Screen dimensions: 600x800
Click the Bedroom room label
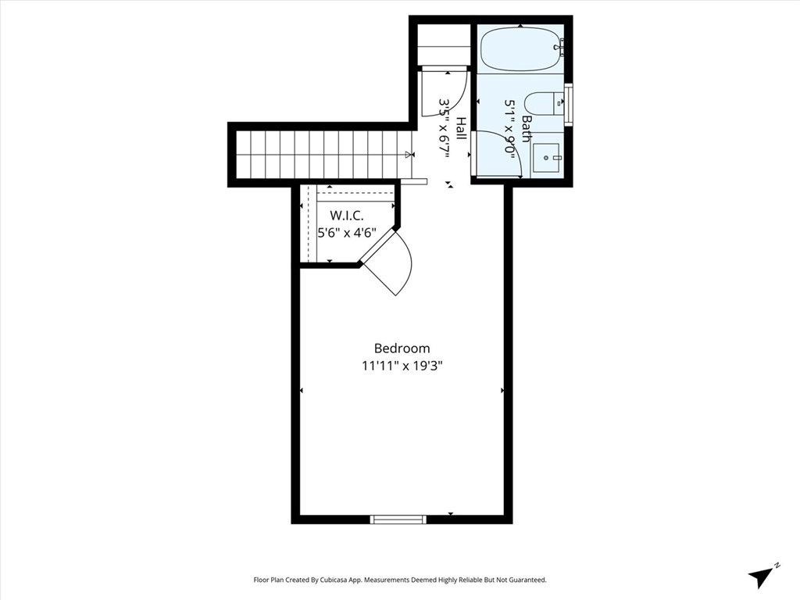[402, 348]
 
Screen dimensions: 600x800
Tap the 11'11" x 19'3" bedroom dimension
[402, 365]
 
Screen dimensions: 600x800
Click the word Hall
[462, 128]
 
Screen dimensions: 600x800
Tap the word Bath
[527, 128]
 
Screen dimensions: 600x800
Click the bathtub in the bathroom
[520, 49]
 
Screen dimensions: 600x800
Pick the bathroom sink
[546, 157]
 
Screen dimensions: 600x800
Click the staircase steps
[320, 154]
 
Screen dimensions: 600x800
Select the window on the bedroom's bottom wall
[398, 519]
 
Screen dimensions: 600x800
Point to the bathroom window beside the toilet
[569, 103]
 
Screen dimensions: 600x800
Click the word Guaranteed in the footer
[526, 580]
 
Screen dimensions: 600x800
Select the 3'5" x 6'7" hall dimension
[445, 128]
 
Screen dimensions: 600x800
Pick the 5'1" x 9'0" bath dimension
[511, 128]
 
